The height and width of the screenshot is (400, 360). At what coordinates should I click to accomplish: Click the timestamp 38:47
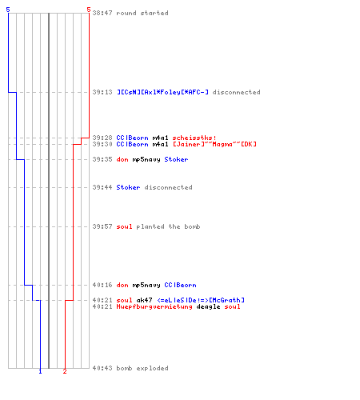click(102, 13)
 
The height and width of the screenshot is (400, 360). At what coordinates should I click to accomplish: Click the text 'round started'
click(142, 13)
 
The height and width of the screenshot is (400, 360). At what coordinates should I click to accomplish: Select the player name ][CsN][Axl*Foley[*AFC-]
click(162, 92)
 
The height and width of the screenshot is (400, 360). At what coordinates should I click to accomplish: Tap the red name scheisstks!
click(194, 138)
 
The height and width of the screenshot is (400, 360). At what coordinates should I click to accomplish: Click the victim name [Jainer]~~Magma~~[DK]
click(214, 144)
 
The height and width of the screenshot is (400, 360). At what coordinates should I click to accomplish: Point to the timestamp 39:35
click(102, 159)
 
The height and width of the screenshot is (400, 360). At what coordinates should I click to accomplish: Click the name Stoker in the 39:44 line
click(128, 187)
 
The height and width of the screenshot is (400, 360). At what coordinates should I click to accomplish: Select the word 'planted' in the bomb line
click(150, 226)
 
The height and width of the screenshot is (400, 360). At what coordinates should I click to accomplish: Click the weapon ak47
click(144, 300)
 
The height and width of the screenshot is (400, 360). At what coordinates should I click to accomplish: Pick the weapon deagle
click(208, 306)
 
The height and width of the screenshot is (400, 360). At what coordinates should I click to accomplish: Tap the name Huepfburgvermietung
click(154, 306)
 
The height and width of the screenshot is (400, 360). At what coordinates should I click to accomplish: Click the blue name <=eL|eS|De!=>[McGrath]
click(201, 300)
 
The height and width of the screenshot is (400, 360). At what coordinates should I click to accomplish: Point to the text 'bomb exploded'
click(142, 368)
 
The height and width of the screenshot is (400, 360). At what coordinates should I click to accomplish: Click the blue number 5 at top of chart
click(8, 10)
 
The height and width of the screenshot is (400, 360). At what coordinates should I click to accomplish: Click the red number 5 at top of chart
click(89, 10)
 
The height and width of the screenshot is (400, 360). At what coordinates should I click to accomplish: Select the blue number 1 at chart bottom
click(40, 371)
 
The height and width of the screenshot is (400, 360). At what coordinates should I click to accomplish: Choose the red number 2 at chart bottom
click(65, 371)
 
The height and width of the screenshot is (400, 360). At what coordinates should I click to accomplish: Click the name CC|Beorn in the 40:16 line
click(180, 285)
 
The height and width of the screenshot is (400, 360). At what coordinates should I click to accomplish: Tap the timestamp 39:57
click(102, 226)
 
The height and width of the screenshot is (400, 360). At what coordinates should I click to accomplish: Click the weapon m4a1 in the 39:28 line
click(160, 138)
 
